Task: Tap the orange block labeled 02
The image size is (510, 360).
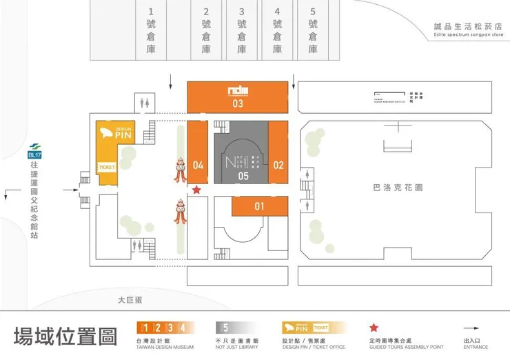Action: (x=278, y=153)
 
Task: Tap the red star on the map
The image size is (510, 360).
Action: (x=197, y=189)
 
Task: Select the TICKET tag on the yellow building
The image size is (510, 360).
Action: (x=106, y=167)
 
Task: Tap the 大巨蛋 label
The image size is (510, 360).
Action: (x=129, y=300)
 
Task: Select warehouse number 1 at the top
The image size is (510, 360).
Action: (x=151, y=31)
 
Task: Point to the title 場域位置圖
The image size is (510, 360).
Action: (x=65, y=337)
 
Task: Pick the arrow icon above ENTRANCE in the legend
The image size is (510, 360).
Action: (x=475, y=328)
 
